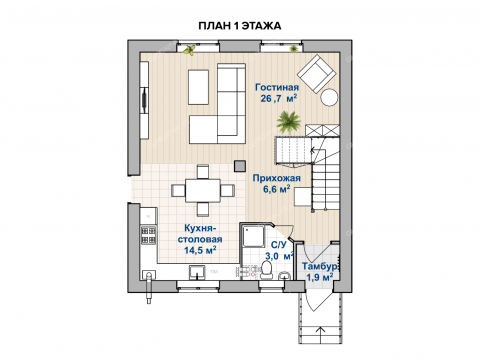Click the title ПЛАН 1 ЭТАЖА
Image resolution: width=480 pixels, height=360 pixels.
[240, 26]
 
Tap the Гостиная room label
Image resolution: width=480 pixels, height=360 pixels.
[277, 87]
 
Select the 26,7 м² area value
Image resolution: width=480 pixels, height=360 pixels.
[279, 98]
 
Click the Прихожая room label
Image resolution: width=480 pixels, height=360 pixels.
[276, 178]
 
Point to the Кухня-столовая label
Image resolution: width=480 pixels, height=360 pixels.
[200, 233]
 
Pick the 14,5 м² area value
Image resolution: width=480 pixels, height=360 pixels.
[201, 250]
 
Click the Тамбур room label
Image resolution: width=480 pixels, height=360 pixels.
[320, 266]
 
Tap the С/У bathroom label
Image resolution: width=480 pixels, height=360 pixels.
[278, 245]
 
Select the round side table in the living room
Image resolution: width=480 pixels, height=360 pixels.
[329, 97]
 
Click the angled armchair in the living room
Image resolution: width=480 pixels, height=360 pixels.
[316, 74]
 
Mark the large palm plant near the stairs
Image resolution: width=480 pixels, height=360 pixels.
[289, 122]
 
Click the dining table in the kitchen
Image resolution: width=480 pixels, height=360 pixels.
[203, 190]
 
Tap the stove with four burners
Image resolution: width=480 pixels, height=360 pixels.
[149, 235]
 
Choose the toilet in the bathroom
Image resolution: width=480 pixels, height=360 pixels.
[266, 270]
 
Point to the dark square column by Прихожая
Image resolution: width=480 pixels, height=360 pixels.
[240, 166]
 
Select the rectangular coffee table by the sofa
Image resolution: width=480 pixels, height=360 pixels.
[198, 87]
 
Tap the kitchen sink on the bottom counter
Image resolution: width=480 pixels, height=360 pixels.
[198, 272]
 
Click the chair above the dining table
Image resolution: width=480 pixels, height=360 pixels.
[203, 171]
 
